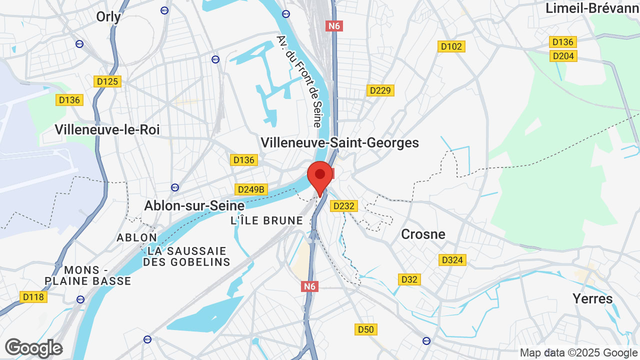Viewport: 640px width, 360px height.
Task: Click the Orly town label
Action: [x=108, y=17]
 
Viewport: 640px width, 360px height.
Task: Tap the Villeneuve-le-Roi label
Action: [x=107, y=129]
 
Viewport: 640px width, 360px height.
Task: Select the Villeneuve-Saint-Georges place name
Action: [x=339, y=142]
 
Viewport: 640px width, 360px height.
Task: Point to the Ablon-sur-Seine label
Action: [x=194, y=205]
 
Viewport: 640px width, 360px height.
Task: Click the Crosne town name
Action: [x=423, y=234]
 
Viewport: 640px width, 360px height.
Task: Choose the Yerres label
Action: [x=592, y=298]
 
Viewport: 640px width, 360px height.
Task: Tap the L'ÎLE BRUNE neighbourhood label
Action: [x=266, y=220]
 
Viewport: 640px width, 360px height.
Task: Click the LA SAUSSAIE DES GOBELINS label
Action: [x=186, y=256]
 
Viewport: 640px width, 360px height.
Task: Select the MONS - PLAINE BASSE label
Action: [x=88, y=275]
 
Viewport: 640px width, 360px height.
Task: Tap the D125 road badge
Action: [x=107, y=81]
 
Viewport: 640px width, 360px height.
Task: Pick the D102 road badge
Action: [x=451, y=46]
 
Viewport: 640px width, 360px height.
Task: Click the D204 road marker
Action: [x=563, y=56]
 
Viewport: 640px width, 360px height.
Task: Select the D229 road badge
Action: [x=380, y=90]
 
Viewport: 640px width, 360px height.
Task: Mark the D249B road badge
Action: [x=251, y=189]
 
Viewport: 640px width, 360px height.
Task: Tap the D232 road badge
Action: [x=343, y=205]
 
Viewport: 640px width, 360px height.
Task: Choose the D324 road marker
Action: [x=452, y=260]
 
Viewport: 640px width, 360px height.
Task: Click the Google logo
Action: [x=33, y=348]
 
